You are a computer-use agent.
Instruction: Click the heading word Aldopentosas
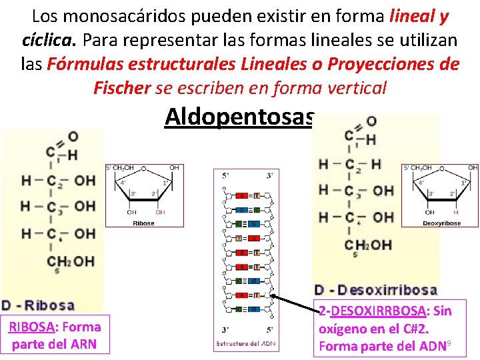click(x=239, y=117)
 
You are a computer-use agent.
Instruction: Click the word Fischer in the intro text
click(x=122, y=87)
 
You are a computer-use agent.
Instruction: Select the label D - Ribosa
click(x=38, y=306)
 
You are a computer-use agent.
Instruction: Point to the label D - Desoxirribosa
click(x=376, y=290)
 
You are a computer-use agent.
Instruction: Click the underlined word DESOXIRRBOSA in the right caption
click(x=379, y=311)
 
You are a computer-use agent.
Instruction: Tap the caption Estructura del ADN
click(x=245, y=343)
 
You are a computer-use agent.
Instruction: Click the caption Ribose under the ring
click(x=143, y=223)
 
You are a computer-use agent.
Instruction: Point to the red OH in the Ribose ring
click(x=160, y=212)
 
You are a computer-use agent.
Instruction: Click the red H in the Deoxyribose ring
click(x=456, y=212)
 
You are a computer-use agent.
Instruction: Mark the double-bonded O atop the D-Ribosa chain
click(x=73, y=137)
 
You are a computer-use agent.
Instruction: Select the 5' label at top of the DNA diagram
click(x=227, y=176)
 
